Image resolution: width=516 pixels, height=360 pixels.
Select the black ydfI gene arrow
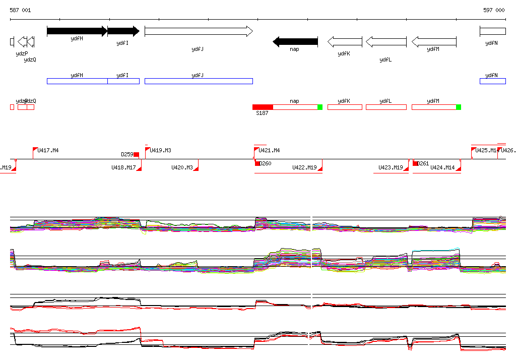coord(123,31)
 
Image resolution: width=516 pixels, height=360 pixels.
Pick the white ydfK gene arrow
coord(345,42)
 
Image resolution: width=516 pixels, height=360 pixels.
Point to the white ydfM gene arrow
coord(434,42)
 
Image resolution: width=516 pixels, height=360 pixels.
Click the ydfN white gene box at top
coord(492,31)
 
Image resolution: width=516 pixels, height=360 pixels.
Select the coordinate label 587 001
coord(20,10)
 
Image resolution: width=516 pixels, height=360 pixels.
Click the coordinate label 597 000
coord(494,10)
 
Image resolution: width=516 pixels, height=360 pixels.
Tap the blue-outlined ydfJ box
coord(199,81)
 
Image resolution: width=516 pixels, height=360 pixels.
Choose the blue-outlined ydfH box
coord(77,81)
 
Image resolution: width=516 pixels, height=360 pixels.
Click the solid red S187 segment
coord(263,107)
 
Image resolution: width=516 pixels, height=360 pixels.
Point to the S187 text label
coord(262,113)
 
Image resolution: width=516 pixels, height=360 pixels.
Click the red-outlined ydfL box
coord(385,107)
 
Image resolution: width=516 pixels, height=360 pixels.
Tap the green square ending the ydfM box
coord(459,107)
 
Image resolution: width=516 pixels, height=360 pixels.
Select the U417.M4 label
coord(48,150)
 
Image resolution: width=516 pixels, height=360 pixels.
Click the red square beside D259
coord(136,154)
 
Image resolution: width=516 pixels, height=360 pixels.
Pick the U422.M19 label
coord(304,167)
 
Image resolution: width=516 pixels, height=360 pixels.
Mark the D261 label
coord(423,163)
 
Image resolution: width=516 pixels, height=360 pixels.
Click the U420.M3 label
coord(182,167)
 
